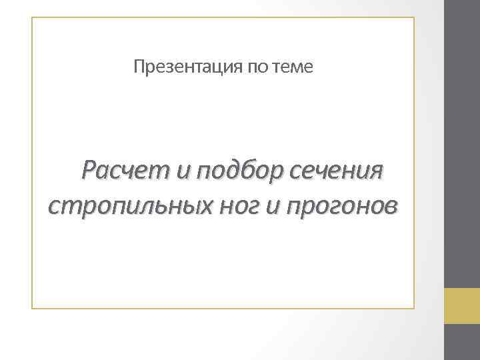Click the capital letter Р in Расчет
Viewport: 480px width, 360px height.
click(88, 172)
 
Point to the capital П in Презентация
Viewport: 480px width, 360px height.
click(138, 67)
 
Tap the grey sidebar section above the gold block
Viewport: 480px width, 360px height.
click(462, 143)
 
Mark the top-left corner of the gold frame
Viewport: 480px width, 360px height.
click(32, 18)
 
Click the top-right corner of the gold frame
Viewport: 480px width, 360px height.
click(413, 18)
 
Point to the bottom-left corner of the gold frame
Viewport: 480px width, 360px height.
click(32, 308)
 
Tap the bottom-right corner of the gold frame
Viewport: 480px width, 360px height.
click(413, 308)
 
